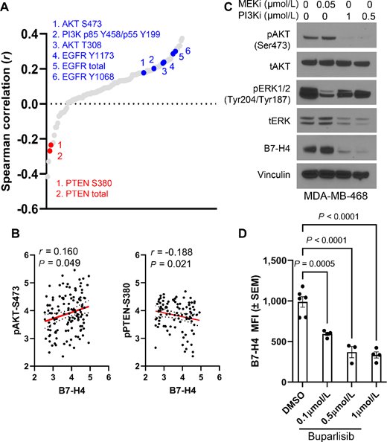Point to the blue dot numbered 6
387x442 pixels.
tap(175, 52)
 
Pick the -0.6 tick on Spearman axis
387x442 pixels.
tap(33, 208)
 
